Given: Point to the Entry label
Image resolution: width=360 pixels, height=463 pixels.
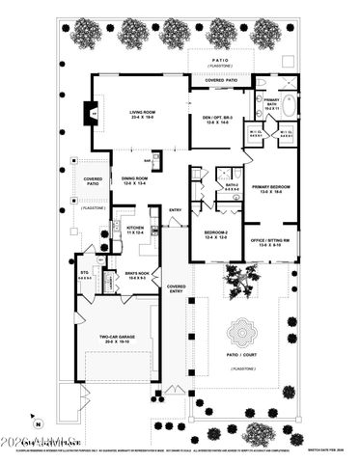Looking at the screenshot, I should (x=176, y=209).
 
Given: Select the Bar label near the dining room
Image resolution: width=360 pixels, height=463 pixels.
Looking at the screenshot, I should (x=146, y=161).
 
